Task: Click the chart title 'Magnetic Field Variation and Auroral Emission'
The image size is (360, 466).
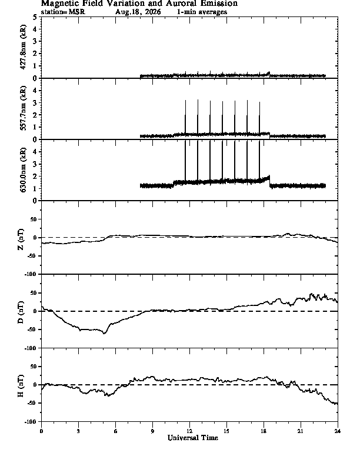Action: coord(139,4)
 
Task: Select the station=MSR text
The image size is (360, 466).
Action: coord(63,12)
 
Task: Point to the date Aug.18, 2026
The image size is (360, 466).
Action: coord(138,12)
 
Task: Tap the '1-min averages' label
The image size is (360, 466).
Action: coord(202,12)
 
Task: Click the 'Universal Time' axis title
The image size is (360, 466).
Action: coord(193,438)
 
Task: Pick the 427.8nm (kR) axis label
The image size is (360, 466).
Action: coord(23,47)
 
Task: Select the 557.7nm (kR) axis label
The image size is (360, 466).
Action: coord(23,108)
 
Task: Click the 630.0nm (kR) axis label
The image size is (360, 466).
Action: coord(23,170)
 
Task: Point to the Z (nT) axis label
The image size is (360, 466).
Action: coord(21,239)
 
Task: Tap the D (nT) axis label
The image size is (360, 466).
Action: coord(21,312)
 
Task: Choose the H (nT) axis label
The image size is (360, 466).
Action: coord(21,386)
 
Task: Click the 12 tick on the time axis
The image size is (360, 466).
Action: coord(189,431)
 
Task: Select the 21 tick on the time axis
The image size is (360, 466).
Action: coord(301,431)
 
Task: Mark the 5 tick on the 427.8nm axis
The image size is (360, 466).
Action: coord(35,17)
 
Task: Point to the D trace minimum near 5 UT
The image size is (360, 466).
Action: coord(104,334)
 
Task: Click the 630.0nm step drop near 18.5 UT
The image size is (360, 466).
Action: coord(269,182)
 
